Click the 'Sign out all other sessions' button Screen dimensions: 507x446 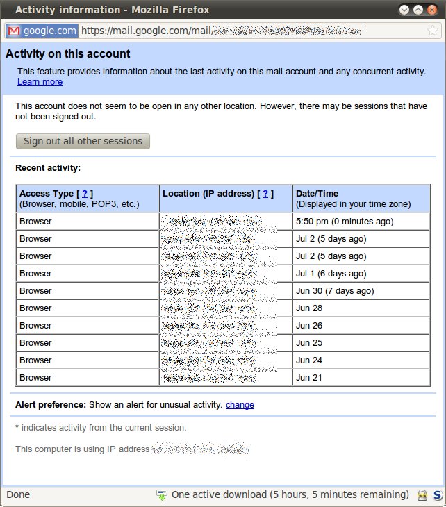click(83, 141)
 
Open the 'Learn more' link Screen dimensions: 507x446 click(40, 82)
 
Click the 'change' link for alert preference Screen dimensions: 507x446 click(240, 405)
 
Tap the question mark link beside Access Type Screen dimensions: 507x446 click(85, 194)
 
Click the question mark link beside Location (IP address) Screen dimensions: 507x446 click(265, 194)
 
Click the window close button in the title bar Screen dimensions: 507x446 click(433, 10)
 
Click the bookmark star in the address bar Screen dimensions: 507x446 click(433, 31)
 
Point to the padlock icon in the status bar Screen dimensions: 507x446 click(421, 495)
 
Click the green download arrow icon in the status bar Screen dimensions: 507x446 click(162, 495)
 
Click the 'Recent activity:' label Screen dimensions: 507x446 click(48, 167)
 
